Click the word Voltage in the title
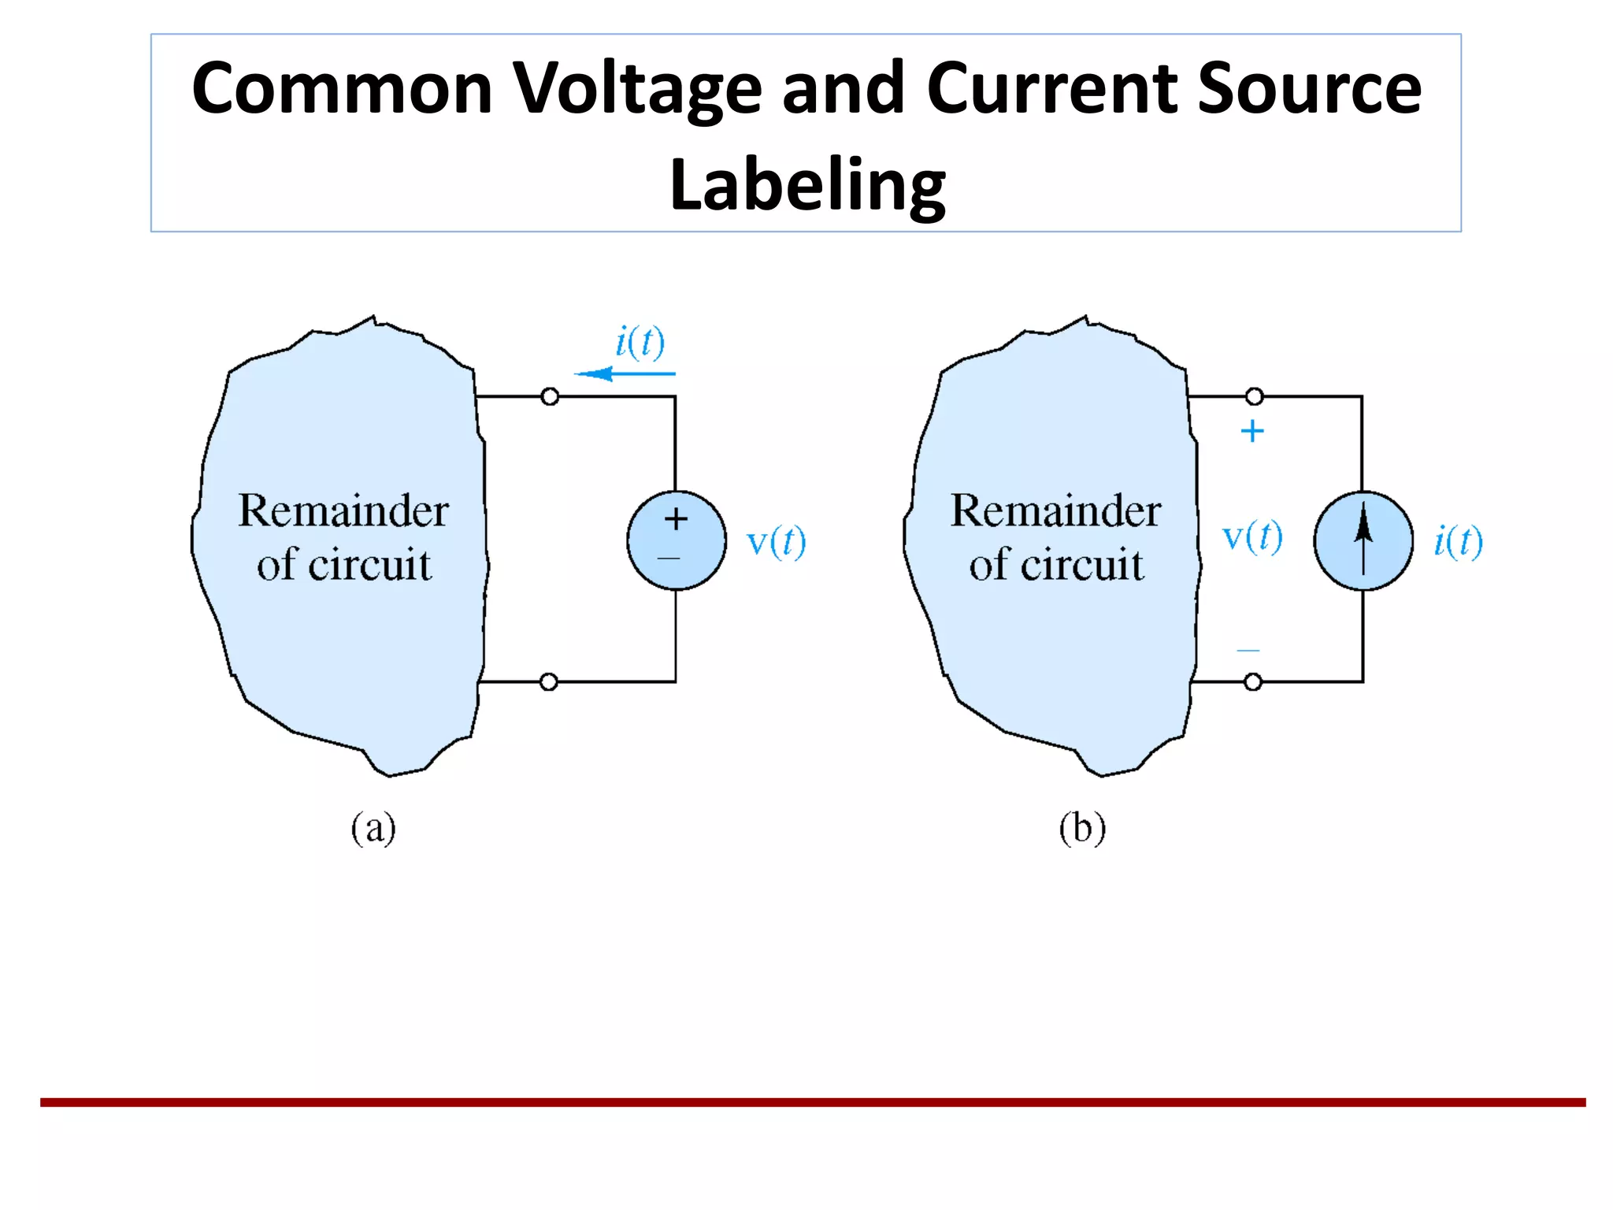[x=637, y=89]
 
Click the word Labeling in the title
[x=806, y=185]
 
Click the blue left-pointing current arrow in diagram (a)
[x=623, y=373]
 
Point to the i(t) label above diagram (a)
[x=640, y=342]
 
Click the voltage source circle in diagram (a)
[x=676, y=540]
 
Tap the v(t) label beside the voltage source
[x=776, y=542]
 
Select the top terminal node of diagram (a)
[x=550, y=396]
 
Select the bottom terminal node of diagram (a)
[x=549, y=681]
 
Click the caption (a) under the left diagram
[x=373, y=829]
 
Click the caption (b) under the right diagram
[x=1082, y=829]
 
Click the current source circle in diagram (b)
[x=1363, y=540]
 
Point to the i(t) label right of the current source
[x=1458, y=542]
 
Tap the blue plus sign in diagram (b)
[x=1251, y=431]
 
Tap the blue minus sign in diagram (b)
[x=1248, y=651]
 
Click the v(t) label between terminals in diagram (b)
[x=1251, y=537]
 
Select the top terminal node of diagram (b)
[x=1254, y=396]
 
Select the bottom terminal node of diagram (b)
[x=1252, y=681]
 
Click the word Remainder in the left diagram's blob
[x=343, y=511]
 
